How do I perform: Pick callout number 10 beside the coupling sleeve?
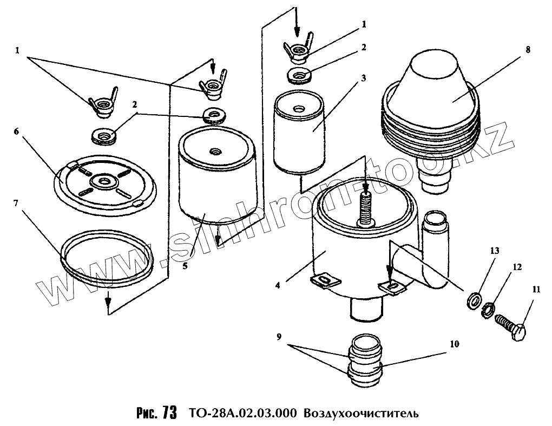click(x=453, y=344)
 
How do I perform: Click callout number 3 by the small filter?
click(x=364, y=78)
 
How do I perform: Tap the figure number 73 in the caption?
click(x=169, y=414)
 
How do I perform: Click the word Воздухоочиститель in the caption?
click(x=360, y=414)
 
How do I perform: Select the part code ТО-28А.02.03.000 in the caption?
click(x=243, y=414)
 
